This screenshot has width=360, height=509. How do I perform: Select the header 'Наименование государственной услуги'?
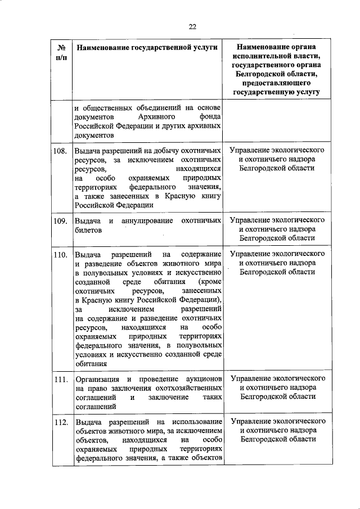[x=147, y=49]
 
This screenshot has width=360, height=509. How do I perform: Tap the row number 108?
[x=62, y=151]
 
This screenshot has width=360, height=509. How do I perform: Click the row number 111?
[x=62, y=379]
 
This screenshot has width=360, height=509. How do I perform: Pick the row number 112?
[x=62, y=422]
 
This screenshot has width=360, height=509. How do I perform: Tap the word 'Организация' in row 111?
[x=94, y=378]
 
